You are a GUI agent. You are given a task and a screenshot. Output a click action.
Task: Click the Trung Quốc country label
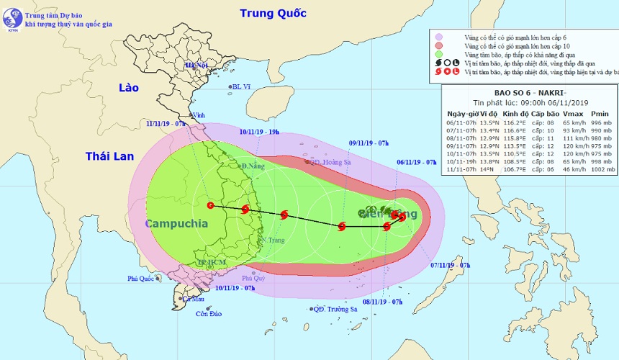(x=273, y=13)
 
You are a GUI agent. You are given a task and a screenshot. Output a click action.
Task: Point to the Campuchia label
(x=176, y=224)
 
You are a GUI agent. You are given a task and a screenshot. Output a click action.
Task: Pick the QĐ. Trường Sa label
(x=336, y=309)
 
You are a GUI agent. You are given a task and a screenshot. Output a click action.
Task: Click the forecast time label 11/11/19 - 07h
(x=163, y=123)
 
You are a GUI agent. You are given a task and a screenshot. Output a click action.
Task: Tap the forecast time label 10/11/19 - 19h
(x=260, y=132)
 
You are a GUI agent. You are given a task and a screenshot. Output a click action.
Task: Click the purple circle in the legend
(x=438, y=35)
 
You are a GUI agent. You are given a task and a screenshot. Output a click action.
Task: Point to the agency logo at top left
(x=12, y=20)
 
